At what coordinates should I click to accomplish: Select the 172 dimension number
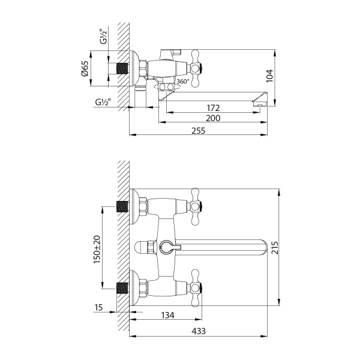pos(213,108)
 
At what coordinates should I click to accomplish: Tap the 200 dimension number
pos(213,119)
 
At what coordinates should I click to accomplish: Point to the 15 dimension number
pos(99,308)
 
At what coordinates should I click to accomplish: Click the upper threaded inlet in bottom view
pos(124,207)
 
